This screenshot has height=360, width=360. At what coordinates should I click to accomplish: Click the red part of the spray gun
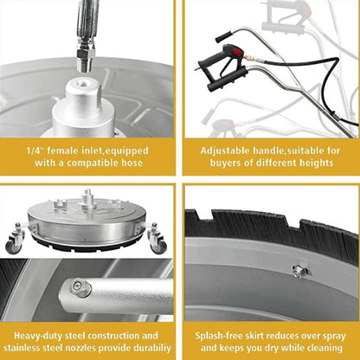tap(211, 70)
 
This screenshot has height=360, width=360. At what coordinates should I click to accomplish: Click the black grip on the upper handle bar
tap(224, 35)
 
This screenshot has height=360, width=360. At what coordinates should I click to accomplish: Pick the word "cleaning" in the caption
tap(321, 346)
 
